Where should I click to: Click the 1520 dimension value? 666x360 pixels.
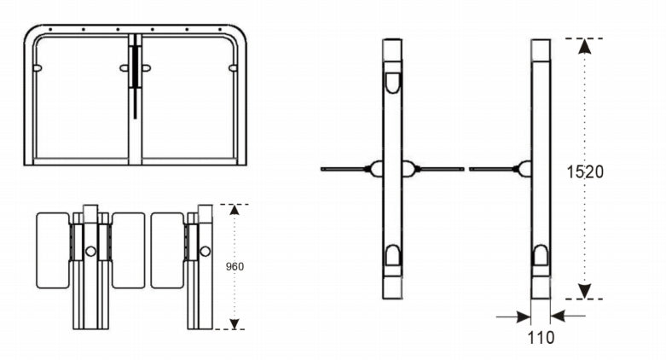585,171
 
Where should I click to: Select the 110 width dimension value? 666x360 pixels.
541,337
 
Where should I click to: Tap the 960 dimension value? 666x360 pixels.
235,266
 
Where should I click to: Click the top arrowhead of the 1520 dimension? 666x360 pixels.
584,46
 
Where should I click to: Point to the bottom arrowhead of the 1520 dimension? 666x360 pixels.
584,291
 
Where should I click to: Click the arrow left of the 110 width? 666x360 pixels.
512,316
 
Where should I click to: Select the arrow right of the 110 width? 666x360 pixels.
569,316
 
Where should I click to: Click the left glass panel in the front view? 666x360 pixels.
81,98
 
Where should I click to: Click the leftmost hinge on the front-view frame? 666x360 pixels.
38,67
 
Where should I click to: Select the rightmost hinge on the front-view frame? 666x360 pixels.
234,67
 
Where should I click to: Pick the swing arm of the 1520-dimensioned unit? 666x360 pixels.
492,169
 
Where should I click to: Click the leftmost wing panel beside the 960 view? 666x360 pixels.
53,250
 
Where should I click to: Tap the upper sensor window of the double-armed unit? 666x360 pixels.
392,81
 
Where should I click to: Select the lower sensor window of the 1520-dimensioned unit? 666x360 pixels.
541,255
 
